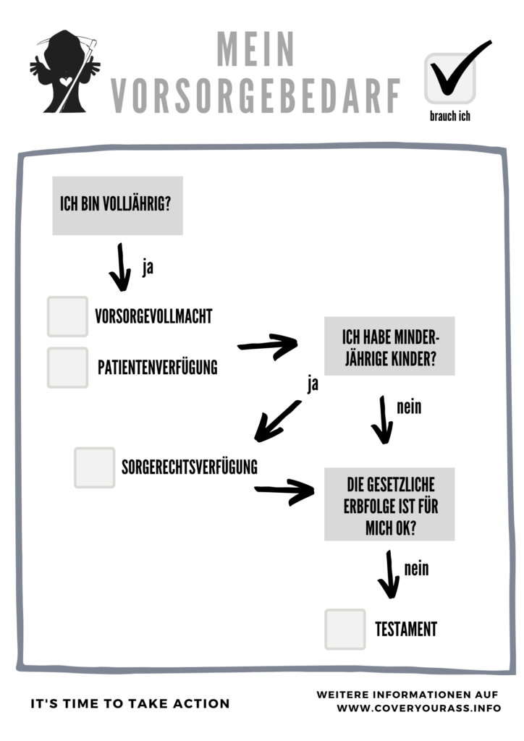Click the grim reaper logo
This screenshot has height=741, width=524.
coord(64,72)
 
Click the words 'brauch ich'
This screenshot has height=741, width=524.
coord(450,116)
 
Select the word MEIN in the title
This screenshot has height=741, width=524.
coord(255,49)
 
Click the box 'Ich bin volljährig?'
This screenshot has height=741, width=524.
coord(118,206)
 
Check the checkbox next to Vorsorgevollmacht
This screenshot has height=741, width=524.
coord(67,317)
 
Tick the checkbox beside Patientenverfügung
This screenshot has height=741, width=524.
coord(67,368)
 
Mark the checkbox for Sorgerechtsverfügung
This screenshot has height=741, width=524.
coord(95,467)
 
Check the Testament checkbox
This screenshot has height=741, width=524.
coord(345,630)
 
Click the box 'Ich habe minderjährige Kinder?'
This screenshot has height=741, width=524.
coord(389,347)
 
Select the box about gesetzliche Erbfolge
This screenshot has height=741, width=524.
coord(389,504)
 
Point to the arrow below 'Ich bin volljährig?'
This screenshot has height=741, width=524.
coord(121,268)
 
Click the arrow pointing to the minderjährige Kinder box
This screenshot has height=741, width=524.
coord(268,347)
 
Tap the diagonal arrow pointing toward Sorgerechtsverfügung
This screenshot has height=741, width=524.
coord(277,421)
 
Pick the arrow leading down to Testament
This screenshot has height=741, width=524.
coord(389,575)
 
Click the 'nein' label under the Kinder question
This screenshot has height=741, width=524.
coord(409,407)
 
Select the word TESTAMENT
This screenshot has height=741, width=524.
coord(406,630)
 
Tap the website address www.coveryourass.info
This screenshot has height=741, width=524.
coord(418,708)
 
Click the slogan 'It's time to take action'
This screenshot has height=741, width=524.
coord(130,703)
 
